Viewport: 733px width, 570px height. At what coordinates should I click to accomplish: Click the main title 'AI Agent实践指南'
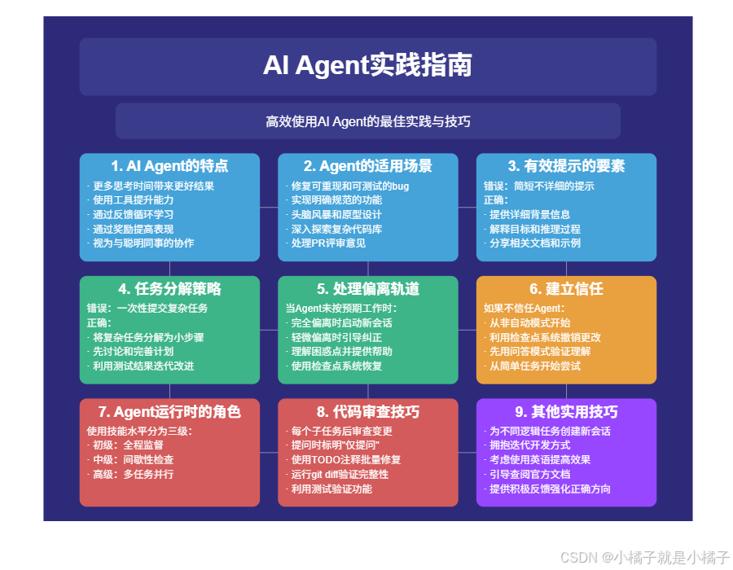pos(367,66)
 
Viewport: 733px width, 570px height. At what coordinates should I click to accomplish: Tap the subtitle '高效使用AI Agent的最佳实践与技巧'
pos(367,121)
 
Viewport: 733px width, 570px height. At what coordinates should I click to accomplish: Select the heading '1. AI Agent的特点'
pos(169,166)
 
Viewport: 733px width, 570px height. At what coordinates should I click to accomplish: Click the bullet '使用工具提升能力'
pos(133,199)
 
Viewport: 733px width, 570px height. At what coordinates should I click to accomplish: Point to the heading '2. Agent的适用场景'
pos(368,166)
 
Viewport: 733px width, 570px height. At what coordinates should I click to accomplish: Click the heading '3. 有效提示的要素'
pos(566,166)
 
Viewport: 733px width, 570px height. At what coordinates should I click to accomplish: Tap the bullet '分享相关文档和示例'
pos(535,243)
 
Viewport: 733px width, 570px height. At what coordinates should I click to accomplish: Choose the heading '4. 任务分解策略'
pos(169,289)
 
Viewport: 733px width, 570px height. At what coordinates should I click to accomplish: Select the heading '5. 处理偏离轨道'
pos(368,289)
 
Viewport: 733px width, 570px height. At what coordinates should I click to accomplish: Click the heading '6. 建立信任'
pos(566,289)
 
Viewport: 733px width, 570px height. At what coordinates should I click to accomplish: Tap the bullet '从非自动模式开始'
pos(529,322)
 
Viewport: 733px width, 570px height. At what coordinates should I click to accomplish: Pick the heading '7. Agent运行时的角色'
pos(169,411)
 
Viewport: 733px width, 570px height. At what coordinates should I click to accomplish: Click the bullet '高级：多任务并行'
pos(133,474)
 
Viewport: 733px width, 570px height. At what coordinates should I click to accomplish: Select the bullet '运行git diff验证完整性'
pos(340,474)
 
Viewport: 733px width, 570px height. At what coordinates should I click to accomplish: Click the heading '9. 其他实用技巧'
pos(566,411)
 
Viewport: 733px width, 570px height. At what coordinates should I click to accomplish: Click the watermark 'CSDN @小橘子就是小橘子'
pos(643,557)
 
